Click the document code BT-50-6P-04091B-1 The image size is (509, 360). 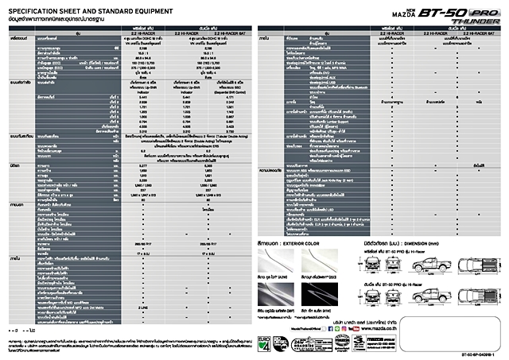[x=482, y=354]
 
